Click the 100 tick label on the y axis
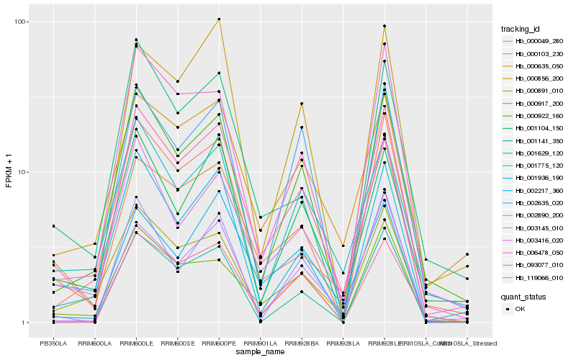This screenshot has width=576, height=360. pos(20,22)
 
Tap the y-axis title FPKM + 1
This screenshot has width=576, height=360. pos(9,172)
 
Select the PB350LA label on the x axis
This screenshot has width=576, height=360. pos(53,343)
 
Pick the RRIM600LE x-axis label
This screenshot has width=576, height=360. pos(136,343)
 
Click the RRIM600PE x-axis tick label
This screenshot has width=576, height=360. pos(219,343)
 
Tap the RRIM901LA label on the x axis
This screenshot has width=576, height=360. pos(260,343)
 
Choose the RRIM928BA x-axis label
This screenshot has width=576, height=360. pos(302,343)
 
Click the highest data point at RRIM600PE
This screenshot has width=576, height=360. pos(219,19)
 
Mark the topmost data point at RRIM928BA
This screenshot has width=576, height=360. pos(302,104)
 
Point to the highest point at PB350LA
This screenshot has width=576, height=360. pos(53,226)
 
